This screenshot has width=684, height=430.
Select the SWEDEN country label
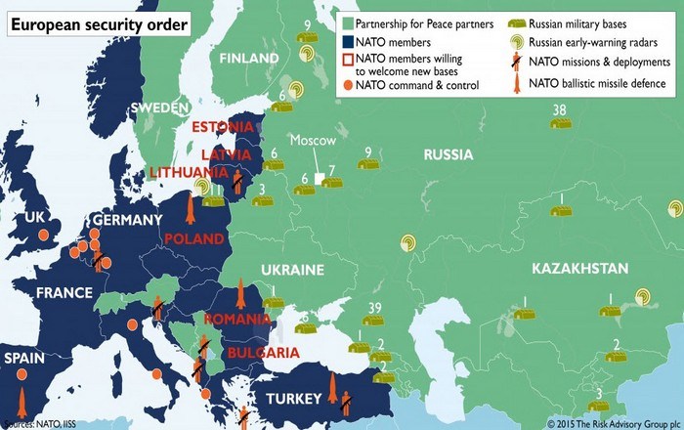pos(158,106)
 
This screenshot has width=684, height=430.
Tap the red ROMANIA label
pos(236,320)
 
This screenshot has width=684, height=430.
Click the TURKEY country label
pos(294,399)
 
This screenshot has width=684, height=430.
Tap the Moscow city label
pos(313,142)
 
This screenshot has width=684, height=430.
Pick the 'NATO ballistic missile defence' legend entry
pos(598,84)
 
